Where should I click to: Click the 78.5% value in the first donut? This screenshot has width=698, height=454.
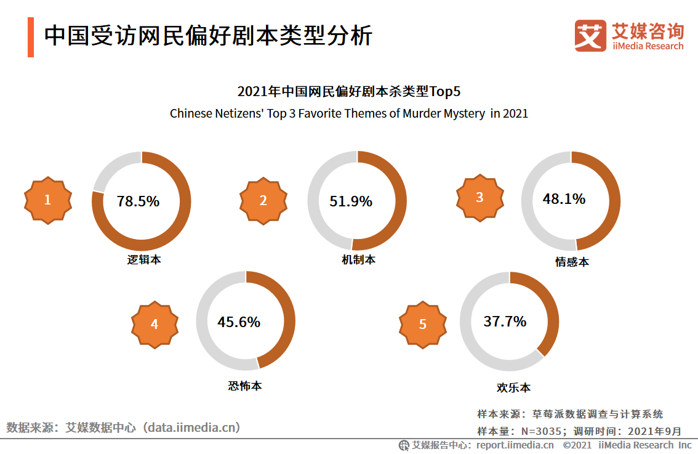click(x=138, y=201)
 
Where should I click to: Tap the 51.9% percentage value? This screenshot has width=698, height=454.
click(x=351, y=201)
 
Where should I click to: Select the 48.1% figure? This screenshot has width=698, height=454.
click(x=564, y=199)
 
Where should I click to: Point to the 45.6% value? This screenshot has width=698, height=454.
click(x=239, y=322)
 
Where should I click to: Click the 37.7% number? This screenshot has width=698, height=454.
click(x=505, y=321)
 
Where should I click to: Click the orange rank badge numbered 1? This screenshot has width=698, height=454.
click(x=47, y=200)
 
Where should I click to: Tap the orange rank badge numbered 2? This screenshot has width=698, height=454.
click(x=263, y=201)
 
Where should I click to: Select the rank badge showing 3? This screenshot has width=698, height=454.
click(x=479, y=198)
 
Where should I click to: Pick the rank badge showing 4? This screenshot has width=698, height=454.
click(x=154, y=324)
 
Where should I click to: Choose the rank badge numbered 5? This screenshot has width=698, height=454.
click(x=422, y=324)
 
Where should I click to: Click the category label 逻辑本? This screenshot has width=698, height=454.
click(x=144, y=260)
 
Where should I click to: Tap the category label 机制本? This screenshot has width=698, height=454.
click(x=358, y=260)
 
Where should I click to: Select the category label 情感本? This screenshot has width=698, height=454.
click(x=572, y=262)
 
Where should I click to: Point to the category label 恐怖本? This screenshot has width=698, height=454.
click(x=244, y=386)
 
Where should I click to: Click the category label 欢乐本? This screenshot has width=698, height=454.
click(x=513, y=388)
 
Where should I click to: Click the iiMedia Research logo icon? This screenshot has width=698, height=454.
click(x=590, y=36)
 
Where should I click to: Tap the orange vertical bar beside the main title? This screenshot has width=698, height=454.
click(x=31, y=37)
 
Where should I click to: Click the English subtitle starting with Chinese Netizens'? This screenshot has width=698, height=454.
click(x=348, y=114)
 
